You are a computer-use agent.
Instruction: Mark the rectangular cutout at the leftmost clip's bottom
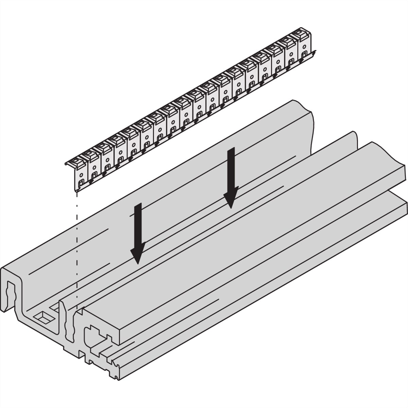tap(81, 185)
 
